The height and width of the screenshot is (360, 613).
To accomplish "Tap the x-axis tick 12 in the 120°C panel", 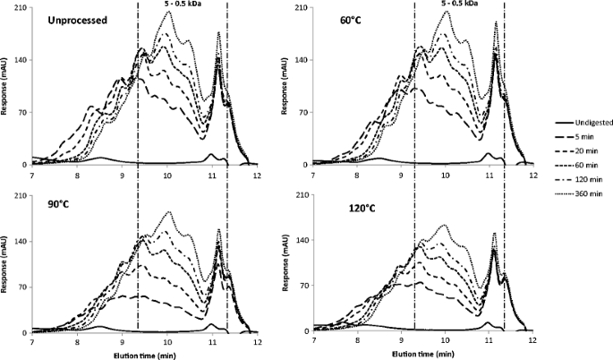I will point(532,340).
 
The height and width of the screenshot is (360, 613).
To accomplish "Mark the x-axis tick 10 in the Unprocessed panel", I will point(167,175).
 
